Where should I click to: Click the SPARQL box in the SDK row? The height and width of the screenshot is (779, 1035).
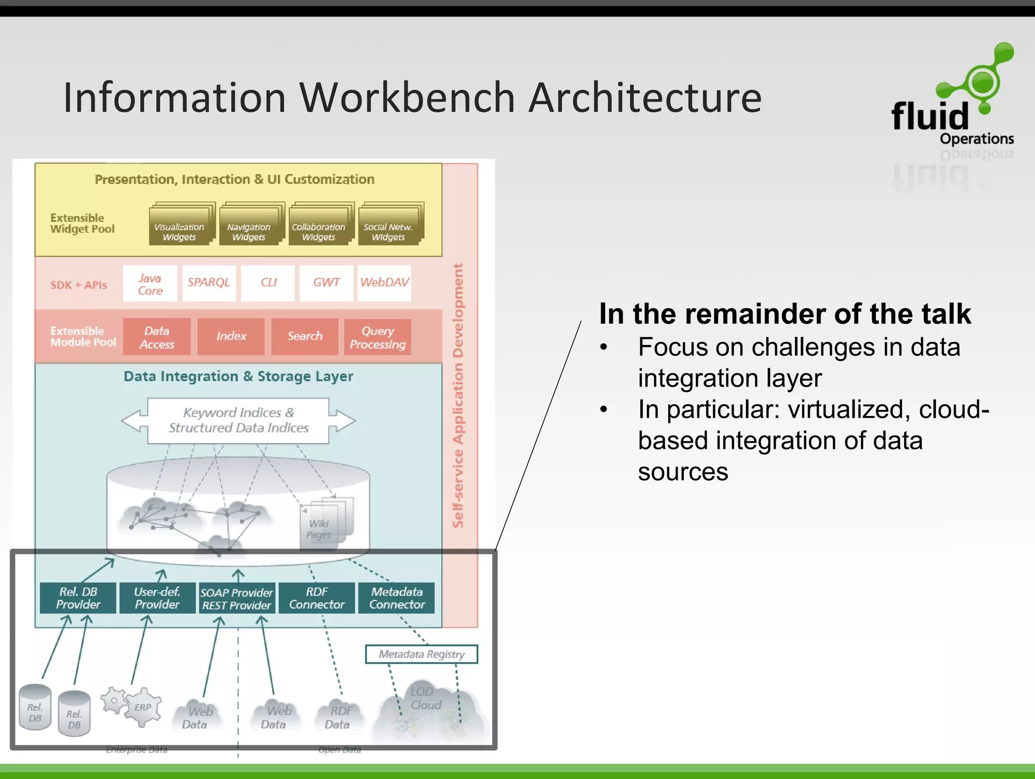209,283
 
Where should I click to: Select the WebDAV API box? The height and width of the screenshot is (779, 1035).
384,283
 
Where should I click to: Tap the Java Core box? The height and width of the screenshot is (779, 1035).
150,284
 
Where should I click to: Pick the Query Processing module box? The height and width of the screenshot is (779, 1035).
378,337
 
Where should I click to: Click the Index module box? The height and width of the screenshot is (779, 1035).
231,336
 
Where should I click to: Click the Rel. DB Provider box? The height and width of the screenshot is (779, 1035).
78,598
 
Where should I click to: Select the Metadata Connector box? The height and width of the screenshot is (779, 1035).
397,598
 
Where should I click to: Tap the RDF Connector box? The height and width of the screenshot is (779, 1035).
317,598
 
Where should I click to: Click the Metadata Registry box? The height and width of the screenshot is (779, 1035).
421,654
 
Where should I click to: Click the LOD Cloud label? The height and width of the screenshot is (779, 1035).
425,698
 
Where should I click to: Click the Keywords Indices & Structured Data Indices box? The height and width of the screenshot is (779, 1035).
238,420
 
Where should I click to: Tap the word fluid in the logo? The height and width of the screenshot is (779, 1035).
930,116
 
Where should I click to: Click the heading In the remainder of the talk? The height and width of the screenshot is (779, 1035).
784,314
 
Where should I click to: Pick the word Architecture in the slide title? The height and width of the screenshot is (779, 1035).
645,98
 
